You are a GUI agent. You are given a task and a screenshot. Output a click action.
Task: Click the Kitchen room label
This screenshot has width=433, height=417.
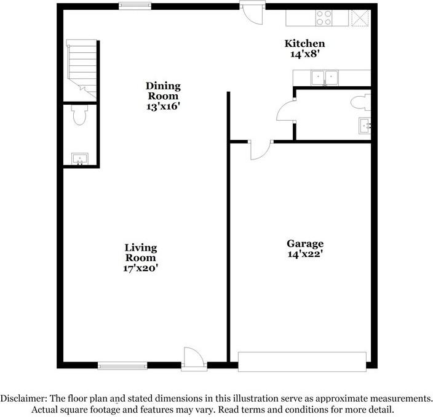[304, 44]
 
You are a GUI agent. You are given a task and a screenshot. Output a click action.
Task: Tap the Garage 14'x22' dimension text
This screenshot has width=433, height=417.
[304, 254]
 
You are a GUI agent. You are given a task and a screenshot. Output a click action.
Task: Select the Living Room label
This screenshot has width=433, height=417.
[141, 253]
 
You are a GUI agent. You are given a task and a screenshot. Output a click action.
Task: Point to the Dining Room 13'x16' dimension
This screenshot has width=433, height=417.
[162, 106]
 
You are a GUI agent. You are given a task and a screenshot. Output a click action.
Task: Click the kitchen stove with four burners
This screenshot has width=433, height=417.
[325, 18]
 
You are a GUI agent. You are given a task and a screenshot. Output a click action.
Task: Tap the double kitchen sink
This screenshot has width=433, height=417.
[325, 78]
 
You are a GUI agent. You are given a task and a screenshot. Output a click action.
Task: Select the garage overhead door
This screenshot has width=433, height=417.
[302, 362]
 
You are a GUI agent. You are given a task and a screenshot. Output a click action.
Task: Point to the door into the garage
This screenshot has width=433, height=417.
[259, 150]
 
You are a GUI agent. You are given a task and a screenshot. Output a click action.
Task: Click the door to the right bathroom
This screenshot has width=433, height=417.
[285, 112]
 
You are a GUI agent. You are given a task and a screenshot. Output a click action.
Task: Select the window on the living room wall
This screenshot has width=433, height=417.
[122, 366]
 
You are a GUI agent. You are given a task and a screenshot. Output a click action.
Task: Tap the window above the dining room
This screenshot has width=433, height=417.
[135, 6]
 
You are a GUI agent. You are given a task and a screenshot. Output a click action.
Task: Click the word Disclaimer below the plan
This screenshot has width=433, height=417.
[22, 399]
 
